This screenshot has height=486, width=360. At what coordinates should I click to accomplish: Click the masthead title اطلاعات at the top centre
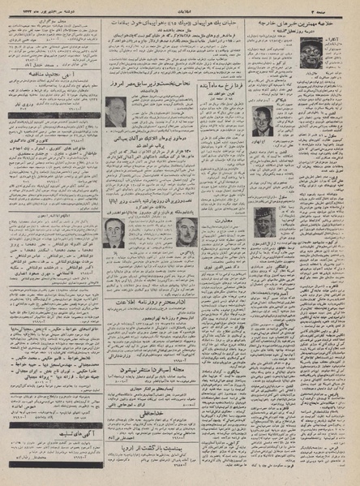tap(181, 7)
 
